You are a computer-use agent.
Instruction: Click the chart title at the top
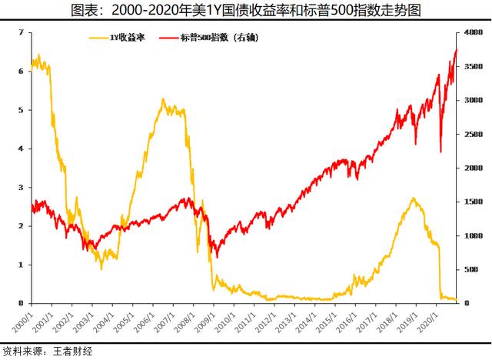246,10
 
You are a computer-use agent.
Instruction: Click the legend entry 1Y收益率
118,38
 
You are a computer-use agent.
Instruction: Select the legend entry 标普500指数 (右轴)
209,38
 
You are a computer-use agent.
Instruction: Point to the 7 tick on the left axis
21,32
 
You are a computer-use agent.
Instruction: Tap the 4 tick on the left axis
21,148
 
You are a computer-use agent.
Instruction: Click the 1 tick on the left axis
21,265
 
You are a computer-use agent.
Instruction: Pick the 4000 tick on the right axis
474,32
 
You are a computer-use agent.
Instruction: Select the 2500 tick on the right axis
474,134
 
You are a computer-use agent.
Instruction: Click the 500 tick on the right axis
471,269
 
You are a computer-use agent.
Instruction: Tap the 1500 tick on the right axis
474,202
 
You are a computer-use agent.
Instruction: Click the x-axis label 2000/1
22,322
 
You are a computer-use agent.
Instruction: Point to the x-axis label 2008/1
184,322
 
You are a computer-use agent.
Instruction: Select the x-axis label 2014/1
306,322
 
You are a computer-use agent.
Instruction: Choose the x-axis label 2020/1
427,322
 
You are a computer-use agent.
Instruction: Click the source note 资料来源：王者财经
48,352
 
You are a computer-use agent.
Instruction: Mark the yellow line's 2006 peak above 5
162,99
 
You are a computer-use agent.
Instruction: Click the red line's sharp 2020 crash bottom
440,152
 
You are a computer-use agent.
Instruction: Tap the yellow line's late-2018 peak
414,198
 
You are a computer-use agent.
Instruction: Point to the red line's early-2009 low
217,258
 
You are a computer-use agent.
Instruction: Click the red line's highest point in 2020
457,49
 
